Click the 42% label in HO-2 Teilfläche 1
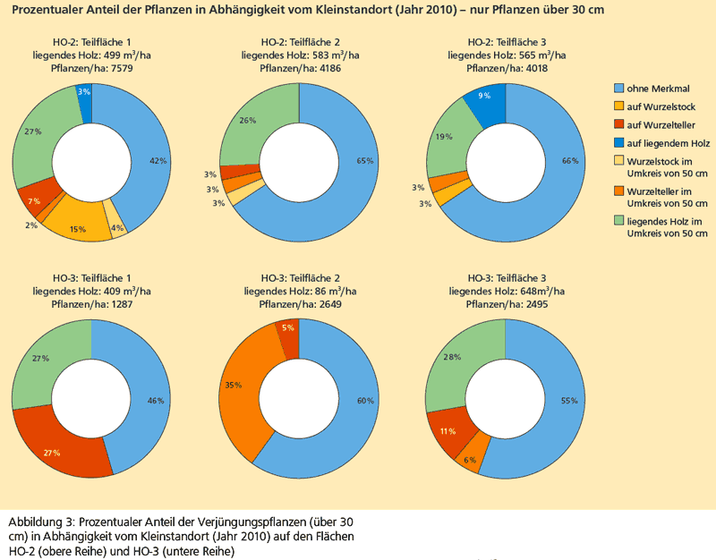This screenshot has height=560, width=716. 158,161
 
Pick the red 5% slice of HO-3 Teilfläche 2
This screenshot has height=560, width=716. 287,329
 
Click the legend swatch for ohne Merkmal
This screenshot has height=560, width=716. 618,88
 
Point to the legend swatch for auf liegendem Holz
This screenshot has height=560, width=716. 618,143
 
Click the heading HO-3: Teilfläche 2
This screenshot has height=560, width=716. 299,279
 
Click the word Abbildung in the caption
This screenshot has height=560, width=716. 37,521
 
